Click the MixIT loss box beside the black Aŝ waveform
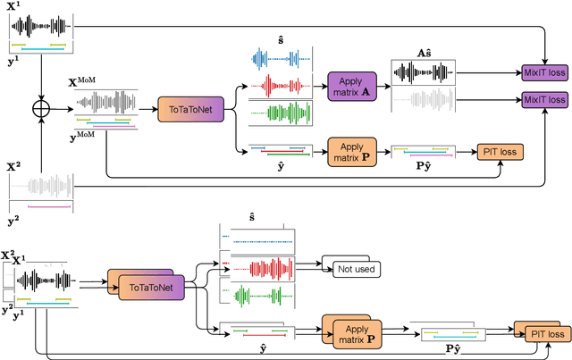(544, 71)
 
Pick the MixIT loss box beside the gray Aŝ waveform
(544, 98)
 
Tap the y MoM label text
(84, 134)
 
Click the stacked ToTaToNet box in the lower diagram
(143, 285)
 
